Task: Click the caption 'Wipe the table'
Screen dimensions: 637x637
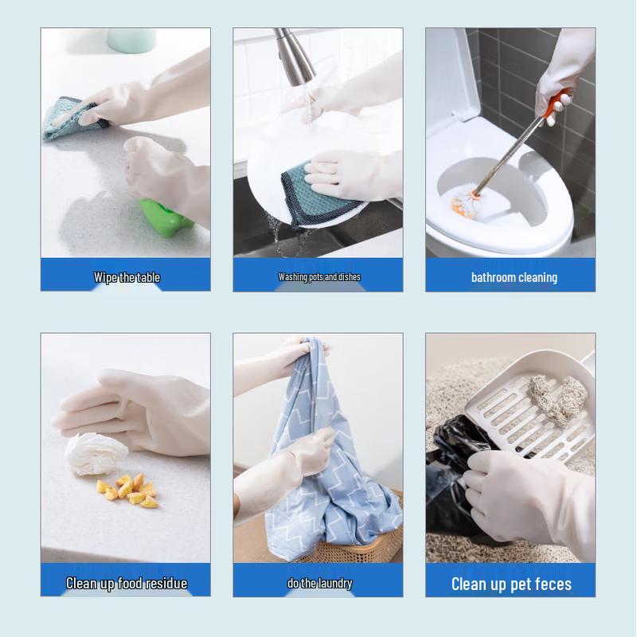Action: pyautogui.click(x=127, y=277)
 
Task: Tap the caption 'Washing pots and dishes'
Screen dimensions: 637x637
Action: pyautogui.click(x=318, y=277)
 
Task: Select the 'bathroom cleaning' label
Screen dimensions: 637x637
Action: pyautogui.click(x=514, y=277)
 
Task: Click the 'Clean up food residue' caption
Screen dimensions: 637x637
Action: pyautogui.click(x=127, y=583)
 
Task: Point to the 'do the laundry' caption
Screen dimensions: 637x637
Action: pyautogui.click(x=319, y=583)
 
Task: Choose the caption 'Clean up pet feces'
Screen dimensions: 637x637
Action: pyautogui.click(x=511, y=584)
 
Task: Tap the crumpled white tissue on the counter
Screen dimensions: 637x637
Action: pyautogui.click(x=95, y=454)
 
